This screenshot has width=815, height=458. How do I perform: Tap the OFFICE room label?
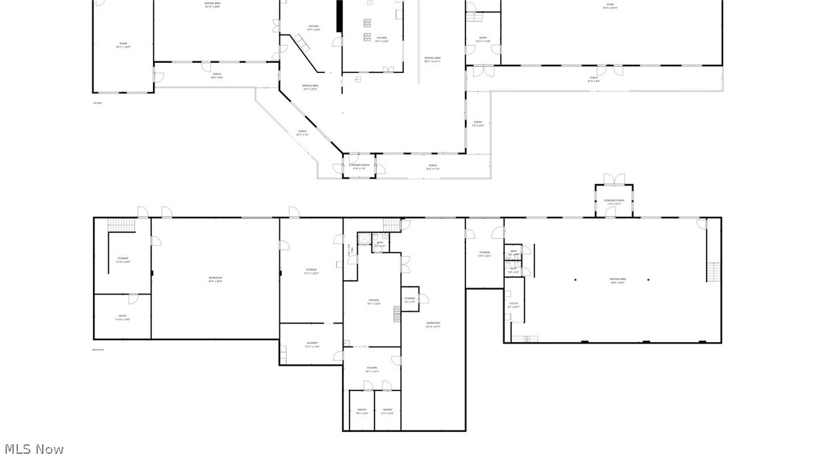point(123,317)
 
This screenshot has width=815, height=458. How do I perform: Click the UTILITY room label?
point(514,305)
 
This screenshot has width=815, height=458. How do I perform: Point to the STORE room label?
point(610,6)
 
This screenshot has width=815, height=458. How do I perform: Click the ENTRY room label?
point(483,39)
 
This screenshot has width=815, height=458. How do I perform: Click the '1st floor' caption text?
point(97,103)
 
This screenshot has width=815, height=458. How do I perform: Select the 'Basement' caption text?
point(99,350)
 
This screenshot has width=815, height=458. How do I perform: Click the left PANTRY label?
point(361,411)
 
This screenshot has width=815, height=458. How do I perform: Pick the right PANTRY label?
point(387,411)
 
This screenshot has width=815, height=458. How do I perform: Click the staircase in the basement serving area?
point(714,272)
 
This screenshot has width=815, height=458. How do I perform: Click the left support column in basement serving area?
point(575,279)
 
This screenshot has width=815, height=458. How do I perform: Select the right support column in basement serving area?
point(648,279)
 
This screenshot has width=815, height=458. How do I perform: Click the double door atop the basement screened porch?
point(614,179)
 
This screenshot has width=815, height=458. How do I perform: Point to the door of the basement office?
point(133,299)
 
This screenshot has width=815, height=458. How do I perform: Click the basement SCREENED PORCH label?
point(614,201)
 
